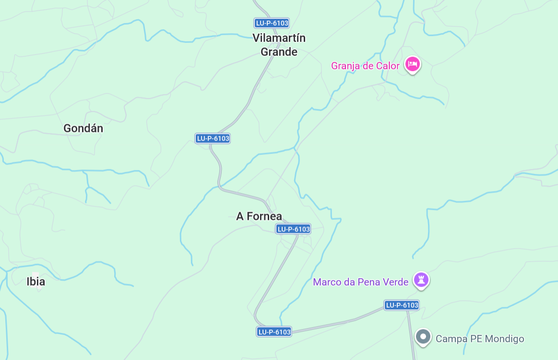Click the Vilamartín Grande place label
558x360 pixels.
point(279,45)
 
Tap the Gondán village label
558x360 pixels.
point(83,129)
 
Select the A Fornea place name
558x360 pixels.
point(259,216)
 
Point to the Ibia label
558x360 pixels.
point(36,282)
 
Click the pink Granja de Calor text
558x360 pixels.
point(365,66)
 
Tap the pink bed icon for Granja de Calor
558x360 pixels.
point(412,64)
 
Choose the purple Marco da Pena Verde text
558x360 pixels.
point(360,282)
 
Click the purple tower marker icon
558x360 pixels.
point(421,279)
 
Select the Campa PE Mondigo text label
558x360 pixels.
point(480,339)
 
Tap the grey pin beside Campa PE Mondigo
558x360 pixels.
point(423,337)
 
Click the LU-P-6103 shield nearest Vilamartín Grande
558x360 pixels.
point(272,23)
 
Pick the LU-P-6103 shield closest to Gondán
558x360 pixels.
point(213,138)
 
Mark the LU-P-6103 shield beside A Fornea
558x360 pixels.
point(293,229)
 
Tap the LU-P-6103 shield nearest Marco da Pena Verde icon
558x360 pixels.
point(402,305)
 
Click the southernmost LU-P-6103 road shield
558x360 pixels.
point(274,332)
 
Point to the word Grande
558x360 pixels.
point(279,52)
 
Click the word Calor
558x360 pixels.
point(388,66)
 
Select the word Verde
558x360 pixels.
point(393,282)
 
